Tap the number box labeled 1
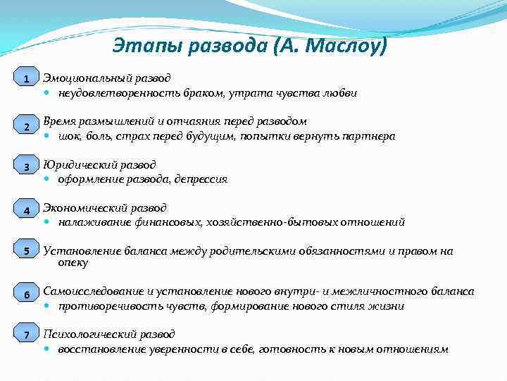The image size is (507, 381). [x=26, y=79]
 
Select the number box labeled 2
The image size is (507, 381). [x=26, y=127]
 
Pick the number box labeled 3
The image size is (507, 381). [x=26, y=167]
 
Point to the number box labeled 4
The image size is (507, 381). [x=26, y=211]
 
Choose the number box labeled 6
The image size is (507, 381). [x=26, y=294]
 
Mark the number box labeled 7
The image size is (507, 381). [x=26, y=335]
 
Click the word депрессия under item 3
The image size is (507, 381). [x=202, y=179]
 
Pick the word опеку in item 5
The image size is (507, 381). [x=73, y=263]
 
